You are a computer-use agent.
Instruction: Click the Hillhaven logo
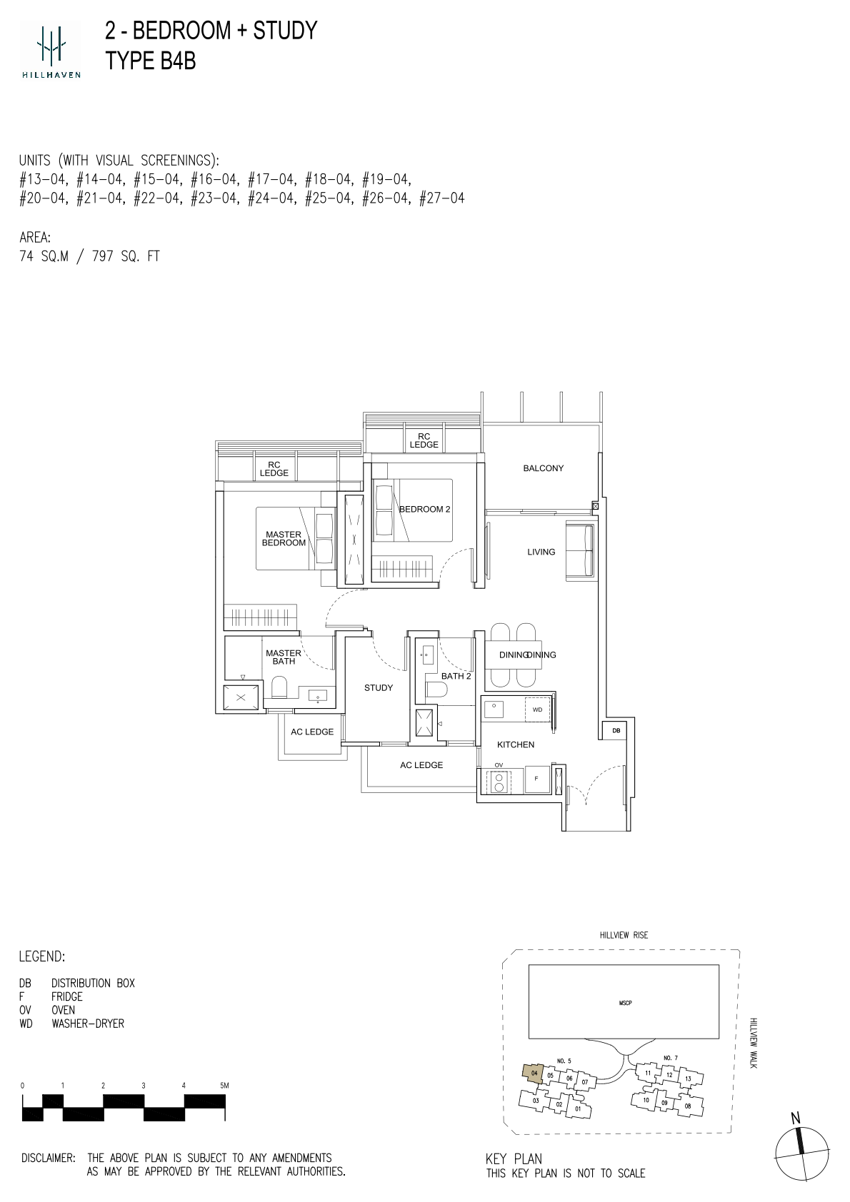click(x=51, y=49)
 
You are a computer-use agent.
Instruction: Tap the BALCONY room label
click(x=544, y=468)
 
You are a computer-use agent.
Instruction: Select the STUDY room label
click(x=379, y=687)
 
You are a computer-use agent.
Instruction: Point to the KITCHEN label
click(x=516, y=744)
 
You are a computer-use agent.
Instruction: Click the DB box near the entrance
click(x=616, y=730)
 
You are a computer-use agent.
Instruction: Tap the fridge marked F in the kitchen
click(x=536, y=779)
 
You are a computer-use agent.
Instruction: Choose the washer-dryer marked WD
click(x=537, y=709)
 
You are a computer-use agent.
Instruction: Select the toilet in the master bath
click(x=279, y=687)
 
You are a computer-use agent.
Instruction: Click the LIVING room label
click(x=541, y=552)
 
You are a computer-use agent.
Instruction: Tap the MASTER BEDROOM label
click(x=284, y=538)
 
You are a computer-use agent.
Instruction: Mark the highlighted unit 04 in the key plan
click(x=534, y=1074)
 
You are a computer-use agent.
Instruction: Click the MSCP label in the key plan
click(x=625, y=1002)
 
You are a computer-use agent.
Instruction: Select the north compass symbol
click(x=802, y=1150)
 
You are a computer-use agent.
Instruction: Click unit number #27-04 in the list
click(x=441, y=198)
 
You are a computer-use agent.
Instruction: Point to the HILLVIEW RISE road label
click(x=624, y=935)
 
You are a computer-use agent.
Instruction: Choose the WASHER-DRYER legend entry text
click(x=88, y=1024)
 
